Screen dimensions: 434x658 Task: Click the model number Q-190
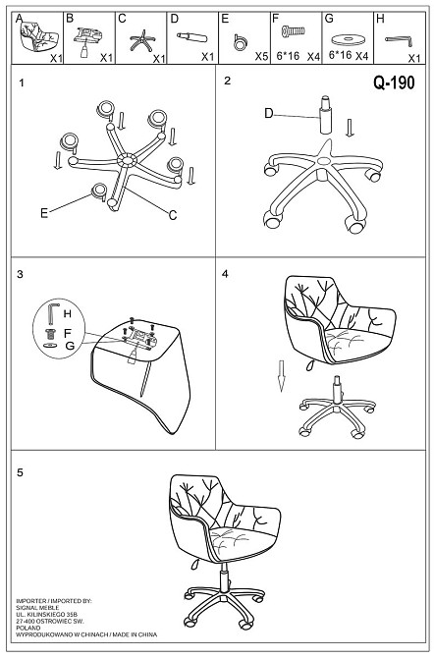(x=394, y=82)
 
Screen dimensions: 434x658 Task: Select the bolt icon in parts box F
(x=293, y=30)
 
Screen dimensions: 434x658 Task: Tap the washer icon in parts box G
(x=347, y=40)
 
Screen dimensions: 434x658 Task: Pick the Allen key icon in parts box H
(x=399, y=40)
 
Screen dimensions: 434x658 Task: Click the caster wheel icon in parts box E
(x=241, y=42)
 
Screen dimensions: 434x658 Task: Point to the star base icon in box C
(x=141, y=40)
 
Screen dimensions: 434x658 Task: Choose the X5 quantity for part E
(x=261, y=56)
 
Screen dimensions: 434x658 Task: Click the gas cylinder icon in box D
(x=191, y=37)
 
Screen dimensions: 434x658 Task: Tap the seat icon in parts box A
(x=36, y=36)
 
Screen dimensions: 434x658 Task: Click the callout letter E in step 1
(x=44, y=213)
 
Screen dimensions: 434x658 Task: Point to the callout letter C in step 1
(x=173, y=215)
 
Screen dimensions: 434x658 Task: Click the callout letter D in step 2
(x=269, y=113)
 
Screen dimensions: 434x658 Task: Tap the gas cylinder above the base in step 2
(x=326, y=116)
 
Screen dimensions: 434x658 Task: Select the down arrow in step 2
(x=350, y=128)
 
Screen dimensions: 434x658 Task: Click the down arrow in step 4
(x=282, y=375)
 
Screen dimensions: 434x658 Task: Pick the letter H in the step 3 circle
(x=67, y=313)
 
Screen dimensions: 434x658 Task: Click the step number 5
(x=21, y=472)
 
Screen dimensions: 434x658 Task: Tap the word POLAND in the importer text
(x=28, y=628)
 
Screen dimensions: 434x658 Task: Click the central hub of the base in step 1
(x=127, y=160)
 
